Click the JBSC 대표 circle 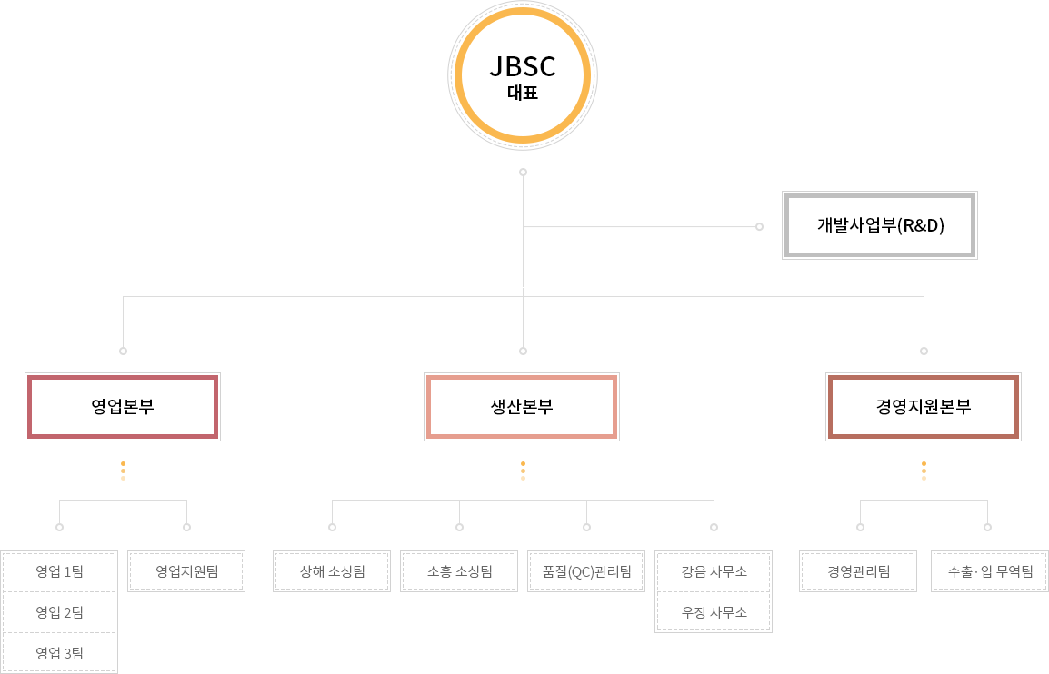tap(523, 74)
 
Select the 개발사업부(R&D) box tap(880, 225)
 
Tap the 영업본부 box tap(123, 407)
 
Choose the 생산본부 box tap(522, 407)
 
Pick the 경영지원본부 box tap(924, 407)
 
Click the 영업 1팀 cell tap(59, 571)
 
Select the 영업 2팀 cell tap(59, 612)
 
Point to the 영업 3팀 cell tap(59, 652)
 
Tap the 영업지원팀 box tap(186, 571)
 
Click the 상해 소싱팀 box tap(332, 571)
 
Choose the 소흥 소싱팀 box tap(459, 571)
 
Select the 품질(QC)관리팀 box tap(586, 571)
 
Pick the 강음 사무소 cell tap(714, 571)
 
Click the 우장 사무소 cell tap(714, 612)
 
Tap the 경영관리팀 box tap(858, 571)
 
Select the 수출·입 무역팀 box tap(990, 571)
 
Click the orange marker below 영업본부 tap(123, 471)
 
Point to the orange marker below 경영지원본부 tap(924, 471)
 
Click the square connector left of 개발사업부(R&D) tap(759, 226)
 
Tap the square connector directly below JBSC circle tap(523, 172)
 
